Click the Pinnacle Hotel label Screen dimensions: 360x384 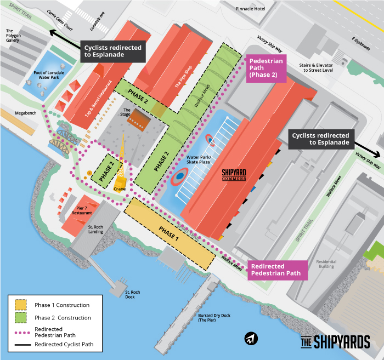(251, 9)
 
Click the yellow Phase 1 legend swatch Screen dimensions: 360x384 (20, 305)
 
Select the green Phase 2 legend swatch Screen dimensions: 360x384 (20, 318)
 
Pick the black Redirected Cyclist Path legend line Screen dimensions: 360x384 (20, 345)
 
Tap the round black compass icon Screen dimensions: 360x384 (251, 338)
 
